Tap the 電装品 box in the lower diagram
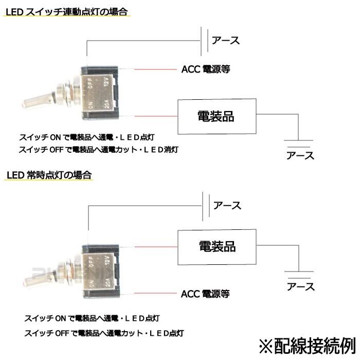click(x=216, y=246)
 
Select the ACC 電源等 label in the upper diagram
click(x=205, y=69)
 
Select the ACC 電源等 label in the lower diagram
click(x=205, y=294)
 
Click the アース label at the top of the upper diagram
click(x=225, y=40)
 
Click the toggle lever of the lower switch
click(x=36, y=277)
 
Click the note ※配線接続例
click(x=307, y=344)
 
